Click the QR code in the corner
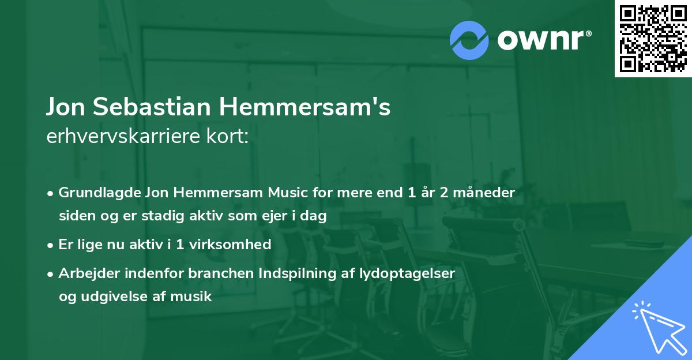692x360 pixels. click(x=653, y=38)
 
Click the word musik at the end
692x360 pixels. click(x=194, y=297)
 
